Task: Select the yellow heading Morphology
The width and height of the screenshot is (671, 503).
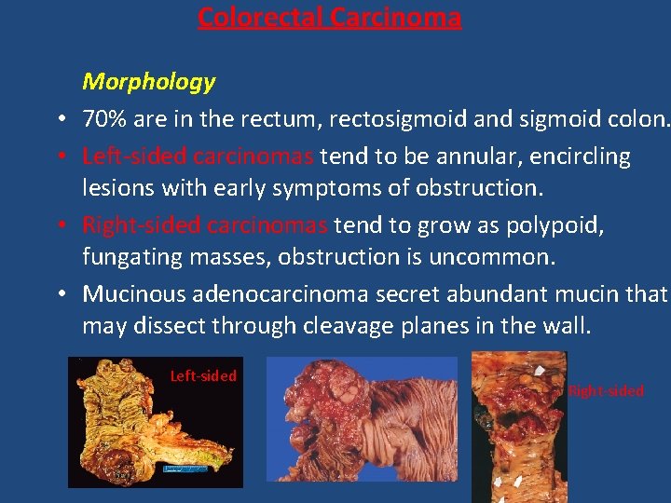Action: coord(149,82)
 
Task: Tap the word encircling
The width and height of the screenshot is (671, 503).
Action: coord(579,156)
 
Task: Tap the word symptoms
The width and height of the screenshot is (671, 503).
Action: coord(308,187)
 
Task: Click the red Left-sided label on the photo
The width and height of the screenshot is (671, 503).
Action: coord(203,376)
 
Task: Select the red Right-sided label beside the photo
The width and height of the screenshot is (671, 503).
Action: coord(606,391)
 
